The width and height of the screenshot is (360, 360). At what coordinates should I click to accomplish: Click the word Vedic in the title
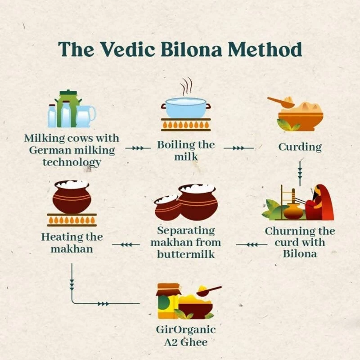(x=128, y=49)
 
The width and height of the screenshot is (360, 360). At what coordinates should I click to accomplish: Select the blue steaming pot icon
(x=186, y=108)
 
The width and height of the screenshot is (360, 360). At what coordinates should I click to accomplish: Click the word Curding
(x=300, y=147)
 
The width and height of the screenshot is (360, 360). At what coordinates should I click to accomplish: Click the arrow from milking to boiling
(x=138, y=148)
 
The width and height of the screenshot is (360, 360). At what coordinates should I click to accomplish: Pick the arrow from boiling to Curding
(x=238, y=148)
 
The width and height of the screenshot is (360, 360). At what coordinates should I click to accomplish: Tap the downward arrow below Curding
(x=300, y=173)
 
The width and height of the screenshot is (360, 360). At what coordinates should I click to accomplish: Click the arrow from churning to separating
(x=252, y=245)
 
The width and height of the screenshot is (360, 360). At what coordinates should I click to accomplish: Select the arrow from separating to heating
(x=126, y=245)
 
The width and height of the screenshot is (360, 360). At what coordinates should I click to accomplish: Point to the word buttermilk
(x=186, y=254)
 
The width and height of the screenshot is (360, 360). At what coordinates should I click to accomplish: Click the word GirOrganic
(x=186, y=330)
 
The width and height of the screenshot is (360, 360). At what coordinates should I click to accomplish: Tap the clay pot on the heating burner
(x=72, y=197)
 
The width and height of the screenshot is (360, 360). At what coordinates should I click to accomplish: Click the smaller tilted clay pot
(x=167, y=207)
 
